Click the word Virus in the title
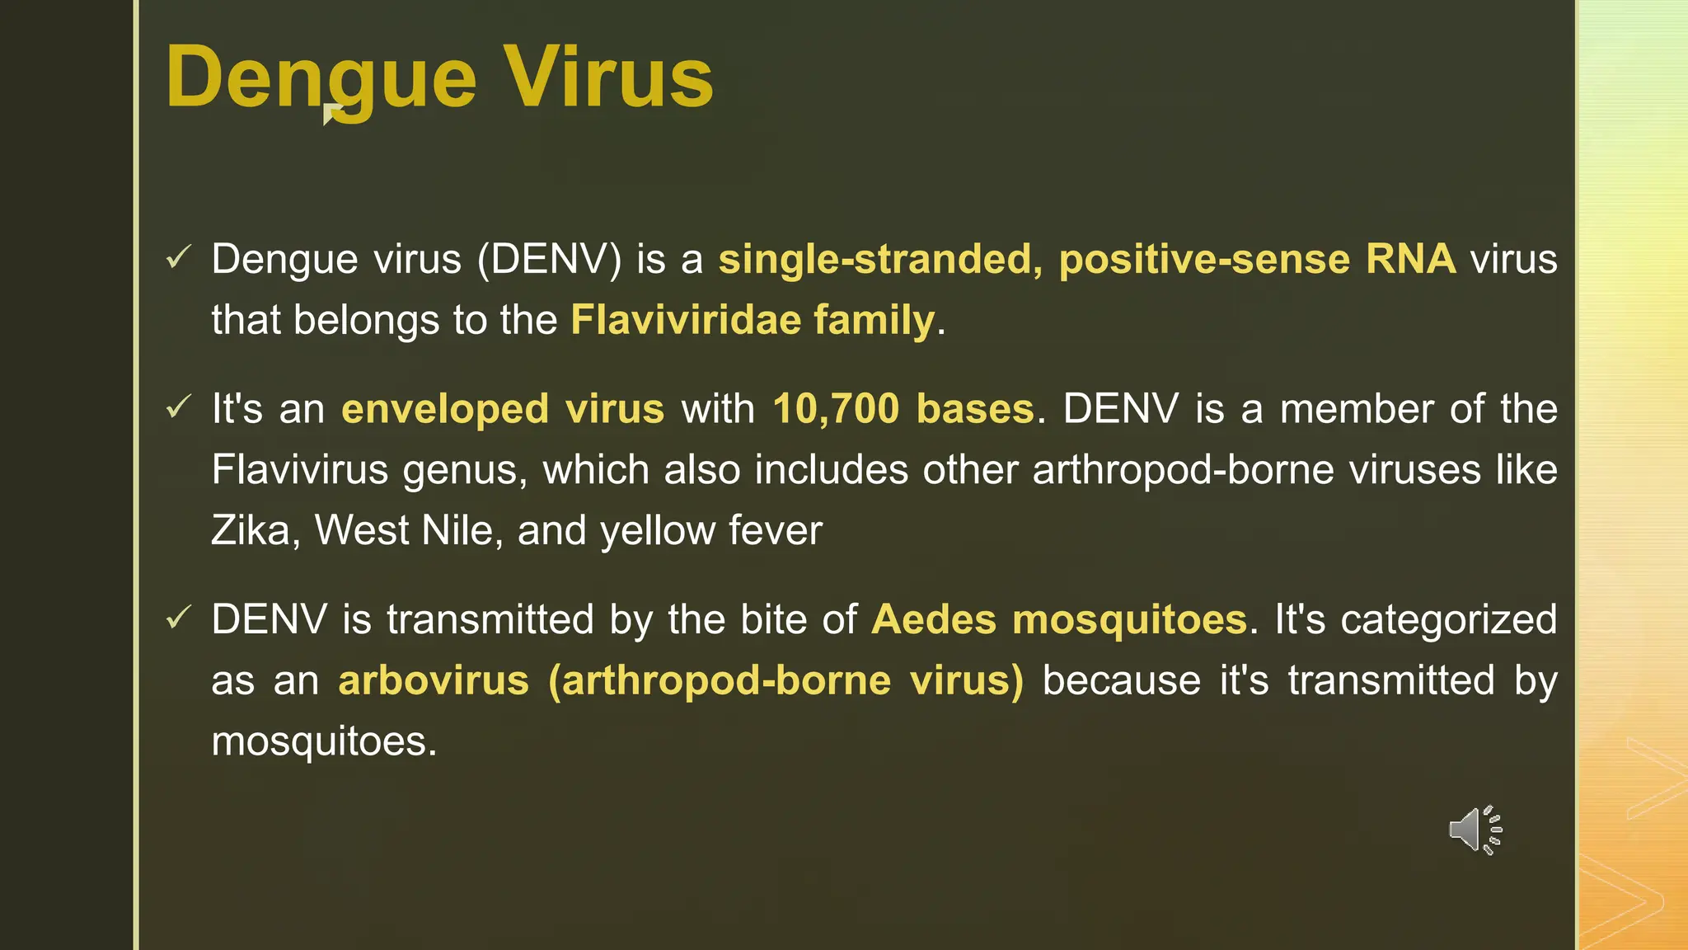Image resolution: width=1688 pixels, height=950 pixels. [608, 78]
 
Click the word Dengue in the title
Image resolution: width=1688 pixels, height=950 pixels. [321, 78]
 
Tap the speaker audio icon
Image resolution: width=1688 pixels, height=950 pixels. [1475, 830]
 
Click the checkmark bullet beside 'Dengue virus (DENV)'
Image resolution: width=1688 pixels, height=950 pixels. [178, 257]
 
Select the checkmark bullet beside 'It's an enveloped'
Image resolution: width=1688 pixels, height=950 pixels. [178, 407]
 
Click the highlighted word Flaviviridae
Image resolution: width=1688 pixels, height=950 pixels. [685, 319]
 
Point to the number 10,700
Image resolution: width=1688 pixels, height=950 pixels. [836, 409]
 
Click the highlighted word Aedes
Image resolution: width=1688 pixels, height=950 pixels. [933, 619]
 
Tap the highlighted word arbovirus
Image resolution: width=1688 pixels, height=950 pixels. [434, 681]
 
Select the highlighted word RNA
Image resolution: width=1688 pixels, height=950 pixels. [1410, 259]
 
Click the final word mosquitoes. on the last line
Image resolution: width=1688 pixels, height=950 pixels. [323, 741]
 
